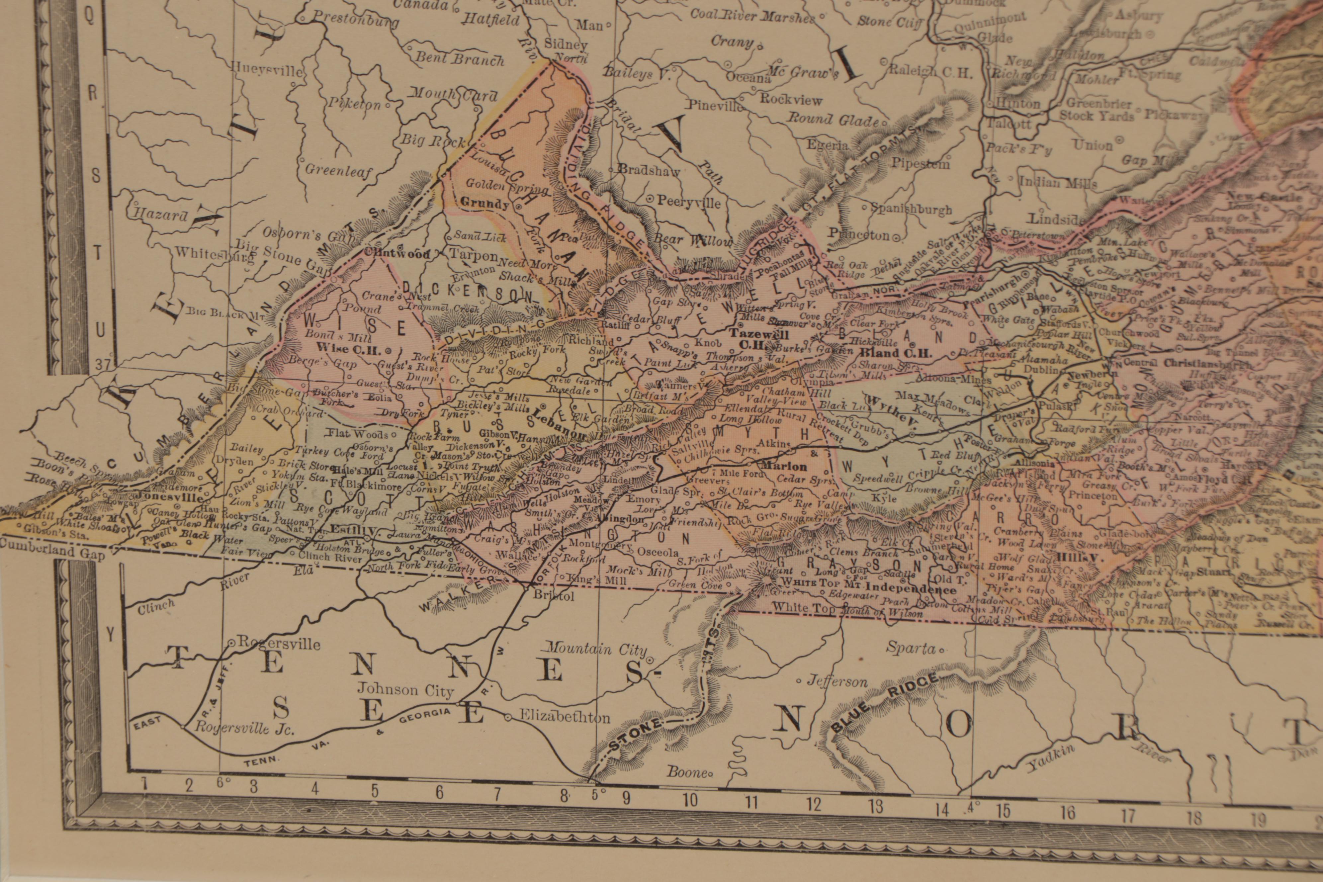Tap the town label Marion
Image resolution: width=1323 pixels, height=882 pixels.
(784, 466)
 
